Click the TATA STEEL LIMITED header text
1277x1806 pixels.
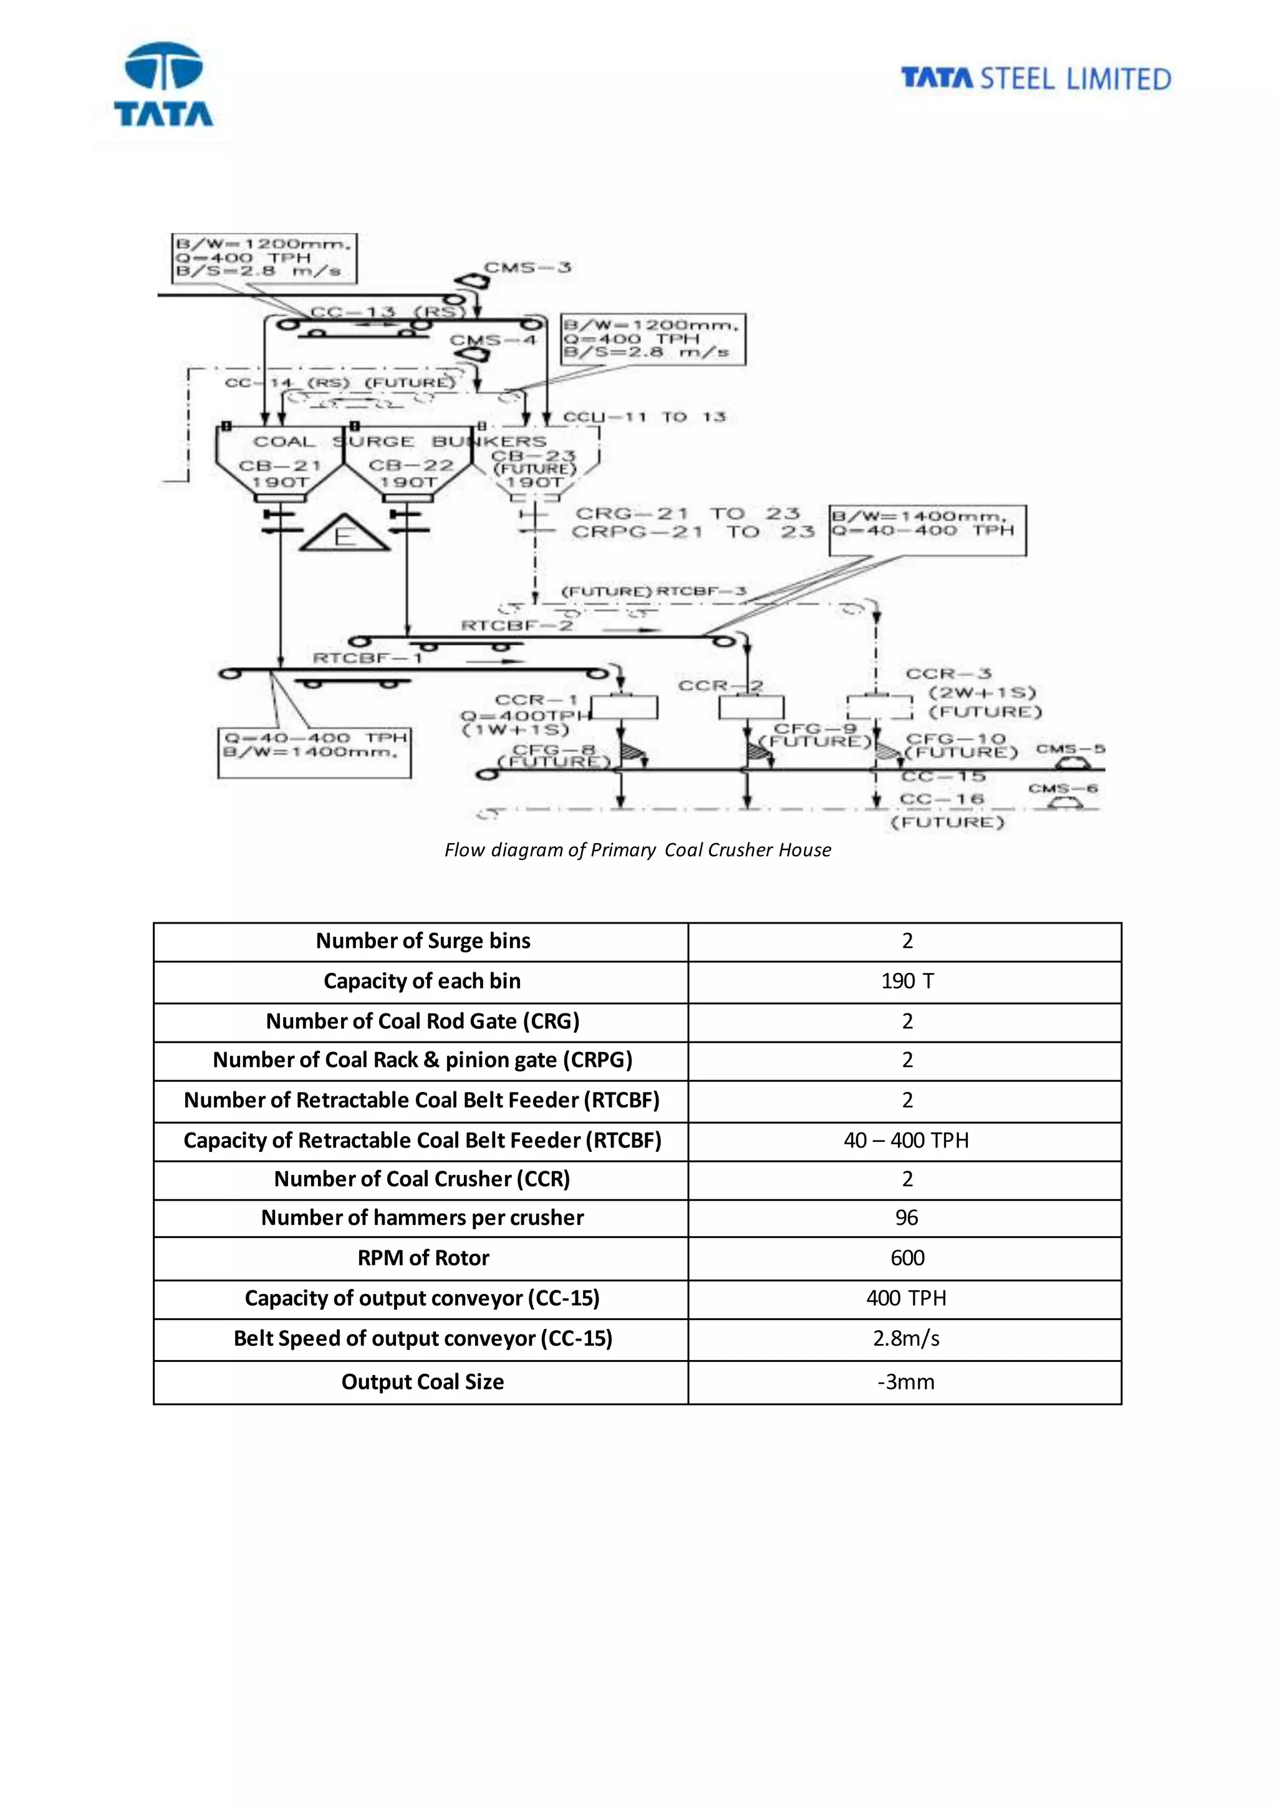(1036, 79)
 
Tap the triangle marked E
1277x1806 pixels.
(344, 534)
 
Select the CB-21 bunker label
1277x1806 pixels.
(280, 466)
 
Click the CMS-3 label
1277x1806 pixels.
(527, 268)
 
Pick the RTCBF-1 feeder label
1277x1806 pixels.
(368, 657)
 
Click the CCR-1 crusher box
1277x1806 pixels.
(624, 707)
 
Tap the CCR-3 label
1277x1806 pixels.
(948, 674)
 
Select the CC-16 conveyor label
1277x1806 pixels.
(942, 799)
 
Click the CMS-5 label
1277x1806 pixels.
(1070, 749)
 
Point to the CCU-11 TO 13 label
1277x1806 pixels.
(644, 417)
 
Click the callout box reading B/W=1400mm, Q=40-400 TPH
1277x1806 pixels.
(928, 530)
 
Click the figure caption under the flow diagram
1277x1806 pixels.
(638, 850)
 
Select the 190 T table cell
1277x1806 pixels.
(907, 982)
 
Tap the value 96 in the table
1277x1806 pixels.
(907, 1219)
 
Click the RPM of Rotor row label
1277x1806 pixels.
(423, 1258)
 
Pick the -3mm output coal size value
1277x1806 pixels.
(906, 1382)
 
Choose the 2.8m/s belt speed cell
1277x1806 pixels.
(906, 1339)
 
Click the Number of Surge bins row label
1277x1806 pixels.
(423, 942)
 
